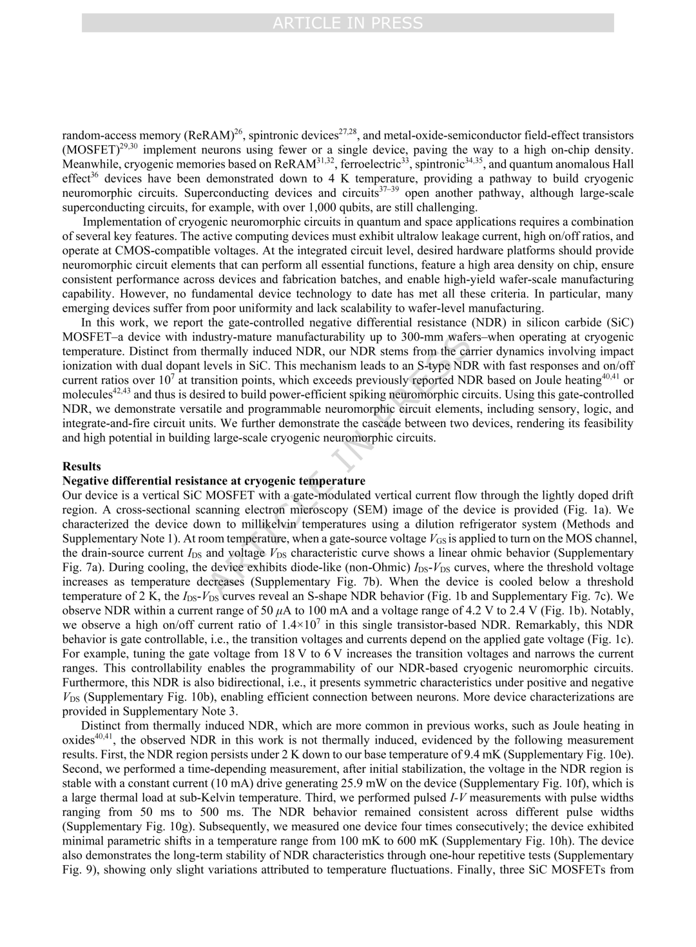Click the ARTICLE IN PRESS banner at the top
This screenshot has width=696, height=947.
click(x=348, y=23)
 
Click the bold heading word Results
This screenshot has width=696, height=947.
click(x=82, y=466)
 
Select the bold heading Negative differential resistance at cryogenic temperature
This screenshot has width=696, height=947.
click(x=213, y=481)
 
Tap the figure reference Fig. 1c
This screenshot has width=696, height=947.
click(x=614, y=639)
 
